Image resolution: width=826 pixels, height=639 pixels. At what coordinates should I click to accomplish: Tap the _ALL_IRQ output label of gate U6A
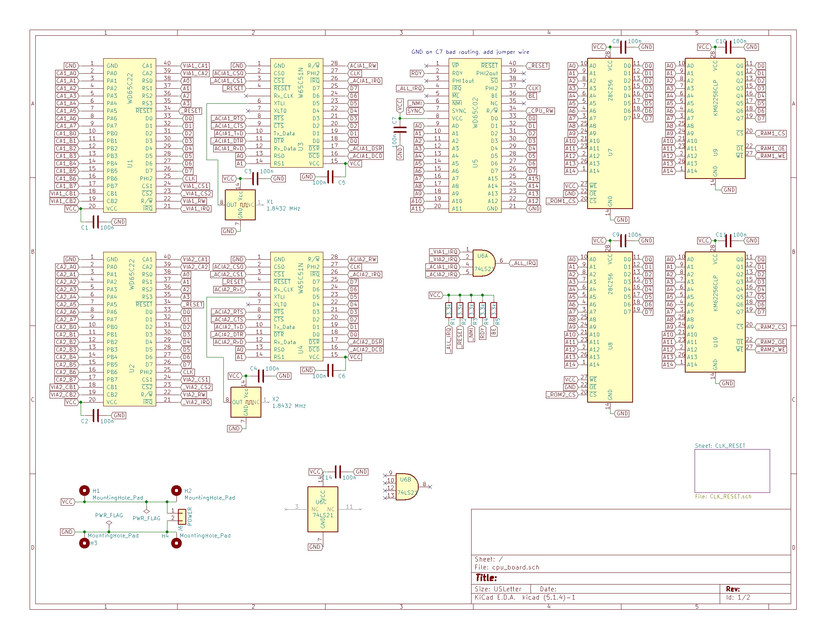tap(524, 263)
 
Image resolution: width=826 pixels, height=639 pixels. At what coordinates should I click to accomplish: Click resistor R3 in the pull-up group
tap(471, 310)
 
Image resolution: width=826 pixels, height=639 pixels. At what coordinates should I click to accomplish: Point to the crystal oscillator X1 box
tap(240, 205)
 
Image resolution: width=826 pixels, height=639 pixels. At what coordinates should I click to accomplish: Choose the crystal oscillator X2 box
tap(246, 402)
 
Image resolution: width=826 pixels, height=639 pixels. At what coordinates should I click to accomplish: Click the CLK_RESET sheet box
tap(732, 471)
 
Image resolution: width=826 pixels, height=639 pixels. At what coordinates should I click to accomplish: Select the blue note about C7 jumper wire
tap(470, 52)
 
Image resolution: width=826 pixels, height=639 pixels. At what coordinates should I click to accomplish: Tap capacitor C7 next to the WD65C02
tap(400, 130)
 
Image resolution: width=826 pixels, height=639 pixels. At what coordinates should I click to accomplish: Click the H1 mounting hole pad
tap(84, 491)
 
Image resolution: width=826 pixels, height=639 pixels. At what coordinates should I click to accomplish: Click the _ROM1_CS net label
tap(562, 201)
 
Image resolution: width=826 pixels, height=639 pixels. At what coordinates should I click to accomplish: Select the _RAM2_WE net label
tap(772, 350)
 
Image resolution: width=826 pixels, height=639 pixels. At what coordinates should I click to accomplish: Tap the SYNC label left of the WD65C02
tap(415, 111)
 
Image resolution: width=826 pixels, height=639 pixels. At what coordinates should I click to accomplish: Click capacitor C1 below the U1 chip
tap(96, 222)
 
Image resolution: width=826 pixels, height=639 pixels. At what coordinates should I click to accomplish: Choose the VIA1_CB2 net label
tap(63, 201)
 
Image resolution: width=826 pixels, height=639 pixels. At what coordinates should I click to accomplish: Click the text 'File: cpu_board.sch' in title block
tap(507, 567)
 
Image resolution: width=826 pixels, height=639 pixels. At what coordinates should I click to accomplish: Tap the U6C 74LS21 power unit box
tap(323, 509)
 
